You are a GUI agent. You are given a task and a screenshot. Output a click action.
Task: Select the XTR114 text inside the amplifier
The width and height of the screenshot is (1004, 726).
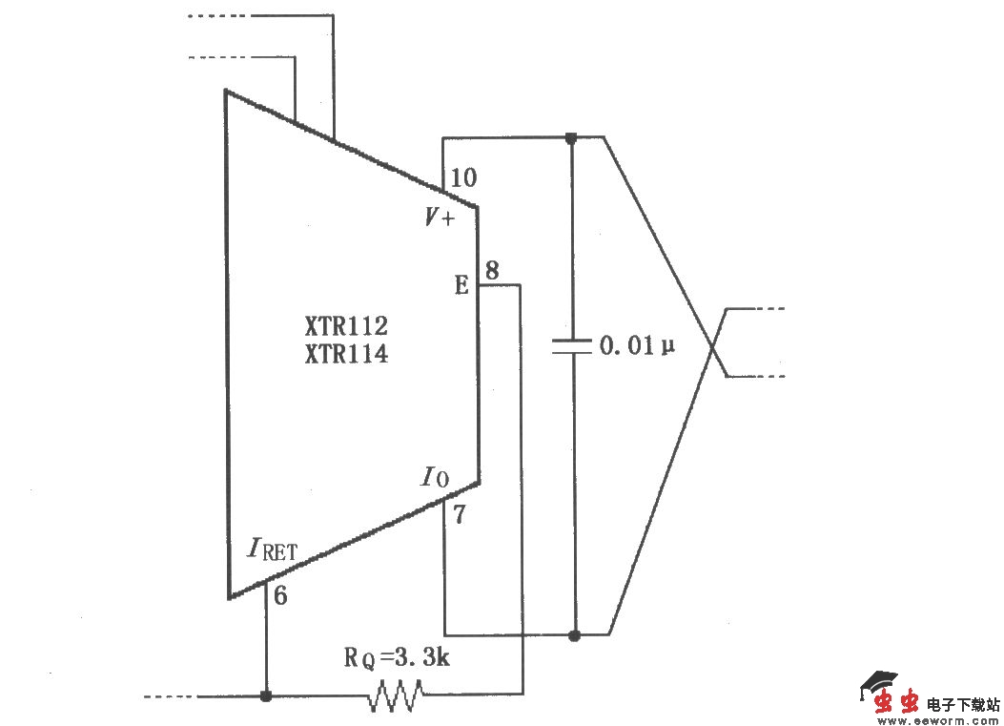pyautogui.click(x=345, y=355)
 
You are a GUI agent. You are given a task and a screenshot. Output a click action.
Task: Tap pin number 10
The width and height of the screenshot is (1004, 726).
pyautogui.click(x=464, y=177)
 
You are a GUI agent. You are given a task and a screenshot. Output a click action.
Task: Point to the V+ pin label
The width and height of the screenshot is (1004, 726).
pyautogui.click(x=440, y=218)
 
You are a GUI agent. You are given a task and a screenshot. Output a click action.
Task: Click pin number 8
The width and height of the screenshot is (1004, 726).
pyautogui.click(x=491, y=270)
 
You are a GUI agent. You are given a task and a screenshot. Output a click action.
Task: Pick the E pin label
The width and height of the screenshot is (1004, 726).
pyautogui.click(x=461, y=285)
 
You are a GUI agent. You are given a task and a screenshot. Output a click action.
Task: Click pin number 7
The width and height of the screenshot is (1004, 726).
pyautogui.click(x=459, y=516)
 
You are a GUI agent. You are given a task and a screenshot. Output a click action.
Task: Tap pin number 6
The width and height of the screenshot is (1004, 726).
pyautogui.click(x=280, y=596)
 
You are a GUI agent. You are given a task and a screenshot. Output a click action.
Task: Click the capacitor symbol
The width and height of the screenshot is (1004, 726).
pyautogui.click(x=572, y=346)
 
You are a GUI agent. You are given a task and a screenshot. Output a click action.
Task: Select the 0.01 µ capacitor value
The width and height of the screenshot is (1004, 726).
pyautogui.click(x=637, y=345)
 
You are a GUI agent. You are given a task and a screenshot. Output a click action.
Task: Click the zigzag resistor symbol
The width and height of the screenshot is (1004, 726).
pyautogui.click(x=395, y=695)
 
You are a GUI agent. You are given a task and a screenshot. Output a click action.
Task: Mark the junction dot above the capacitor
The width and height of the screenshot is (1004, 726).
pyautogui.click(x=571, y=137)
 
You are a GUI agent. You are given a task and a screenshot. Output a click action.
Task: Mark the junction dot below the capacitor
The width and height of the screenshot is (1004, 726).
pyautogui.click(x=573, y=634)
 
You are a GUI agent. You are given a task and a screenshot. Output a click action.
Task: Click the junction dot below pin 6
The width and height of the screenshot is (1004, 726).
pyautogui.click(x=266, y=695)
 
